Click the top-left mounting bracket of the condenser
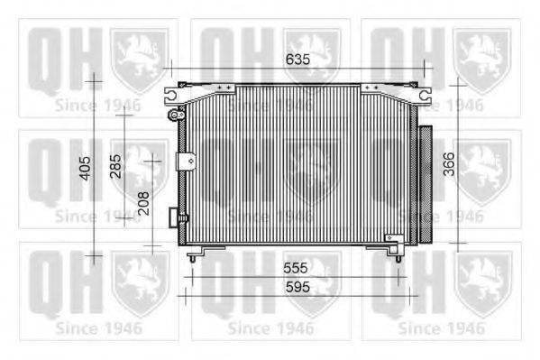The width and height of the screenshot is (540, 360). [173, 93]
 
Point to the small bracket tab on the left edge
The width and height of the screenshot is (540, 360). [187, 162]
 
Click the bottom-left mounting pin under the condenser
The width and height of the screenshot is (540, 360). [192, 257]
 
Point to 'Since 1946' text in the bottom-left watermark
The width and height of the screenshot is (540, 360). [98, 328]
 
